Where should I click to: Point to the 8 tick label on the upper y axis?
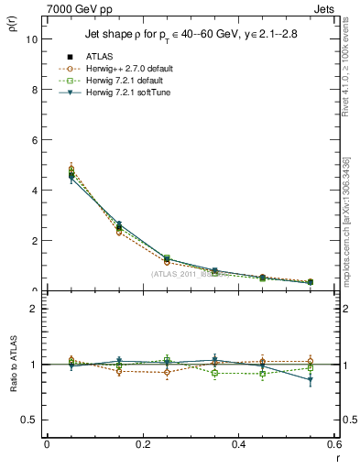[34, 90]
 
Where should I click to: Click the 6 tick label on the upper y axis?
[34, 140]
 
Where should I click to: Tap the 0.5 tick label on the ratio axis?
[29, 420]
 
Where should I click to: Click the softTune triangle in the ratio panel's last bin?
[311, 380]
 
